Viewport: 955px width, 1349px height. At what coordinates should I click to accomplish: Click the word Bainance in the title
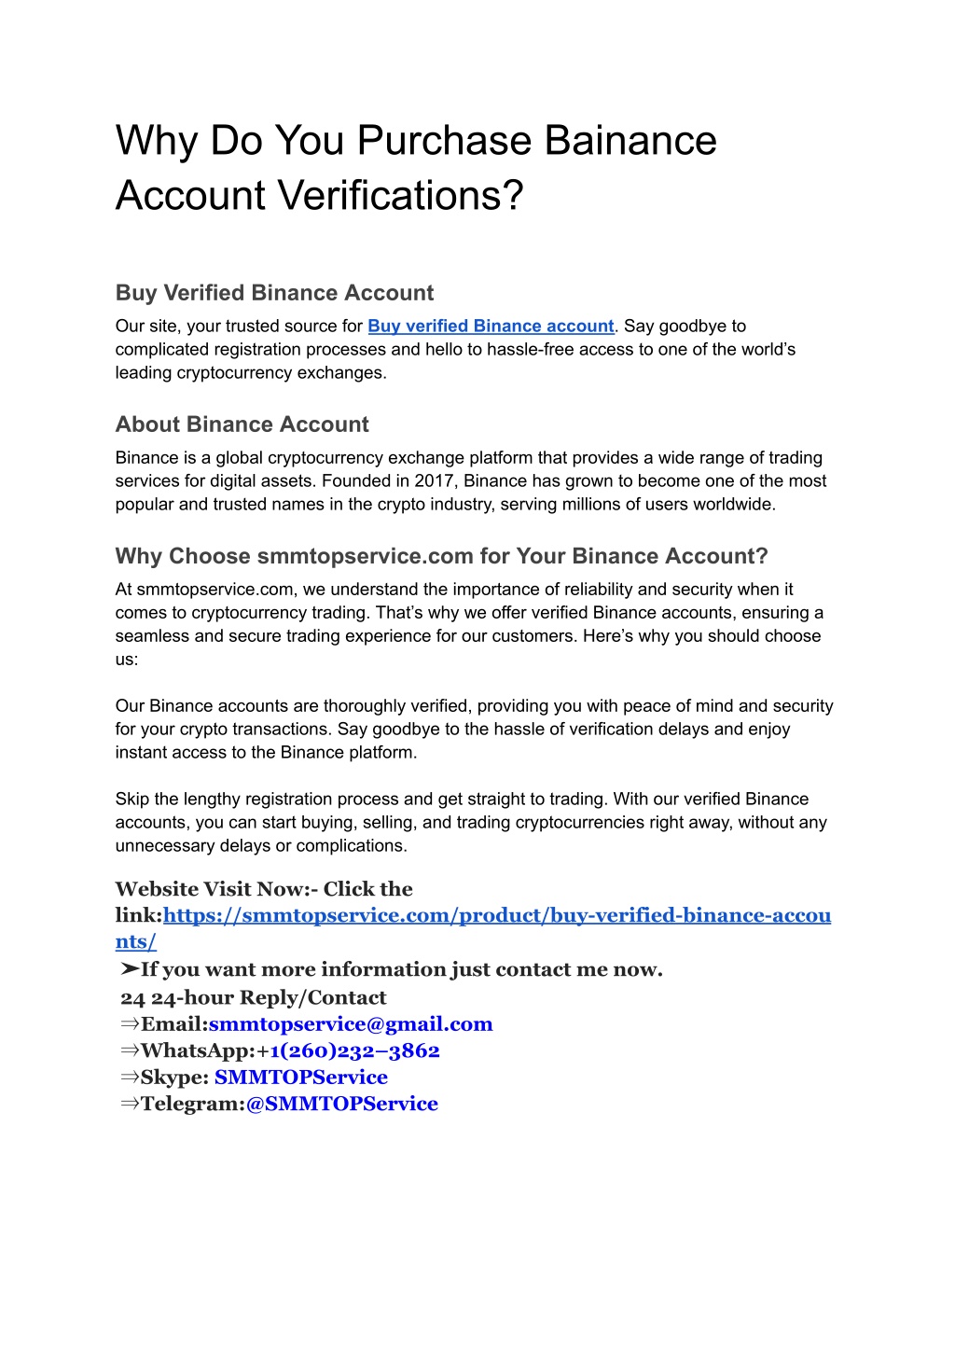click(630, 141)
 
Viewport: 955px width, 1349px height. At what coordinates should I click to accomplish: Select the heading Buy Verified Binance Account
click(274, 293)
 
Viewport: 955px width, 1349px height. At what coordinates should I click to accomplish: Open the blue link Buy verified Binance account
click(491, 327)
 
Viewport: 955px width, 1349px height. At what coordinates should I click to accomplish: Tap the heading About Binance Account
click(242, 424)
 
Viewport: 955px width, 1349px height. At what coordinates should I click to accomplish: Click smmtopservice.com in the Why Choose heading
click(365, 557)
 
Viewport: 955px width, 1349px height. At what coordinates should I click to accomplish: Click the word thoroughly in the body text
click(363, 706)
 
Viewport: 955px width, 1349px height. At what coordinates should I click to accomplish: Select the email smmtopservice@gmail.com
click(351, 1024)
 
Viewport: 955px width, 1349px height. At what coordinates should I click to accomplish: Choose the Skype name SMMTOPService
click(301, 1078)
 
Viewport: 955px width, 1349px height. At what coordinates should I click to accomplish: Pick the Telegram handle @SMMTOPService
click(341, 1104)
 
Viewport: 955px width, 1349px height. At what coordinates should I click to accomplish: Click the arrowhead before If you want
click(129, 970)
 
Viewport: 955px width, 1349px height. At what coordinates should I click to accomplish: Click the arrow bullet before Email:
click(130, 1024)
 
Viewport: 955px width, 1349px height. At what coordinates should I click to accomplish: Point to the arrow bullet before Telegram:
click(130, 1104)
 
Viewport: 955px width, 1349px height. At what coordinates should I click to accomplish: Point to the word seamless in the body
click(150, 636)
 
